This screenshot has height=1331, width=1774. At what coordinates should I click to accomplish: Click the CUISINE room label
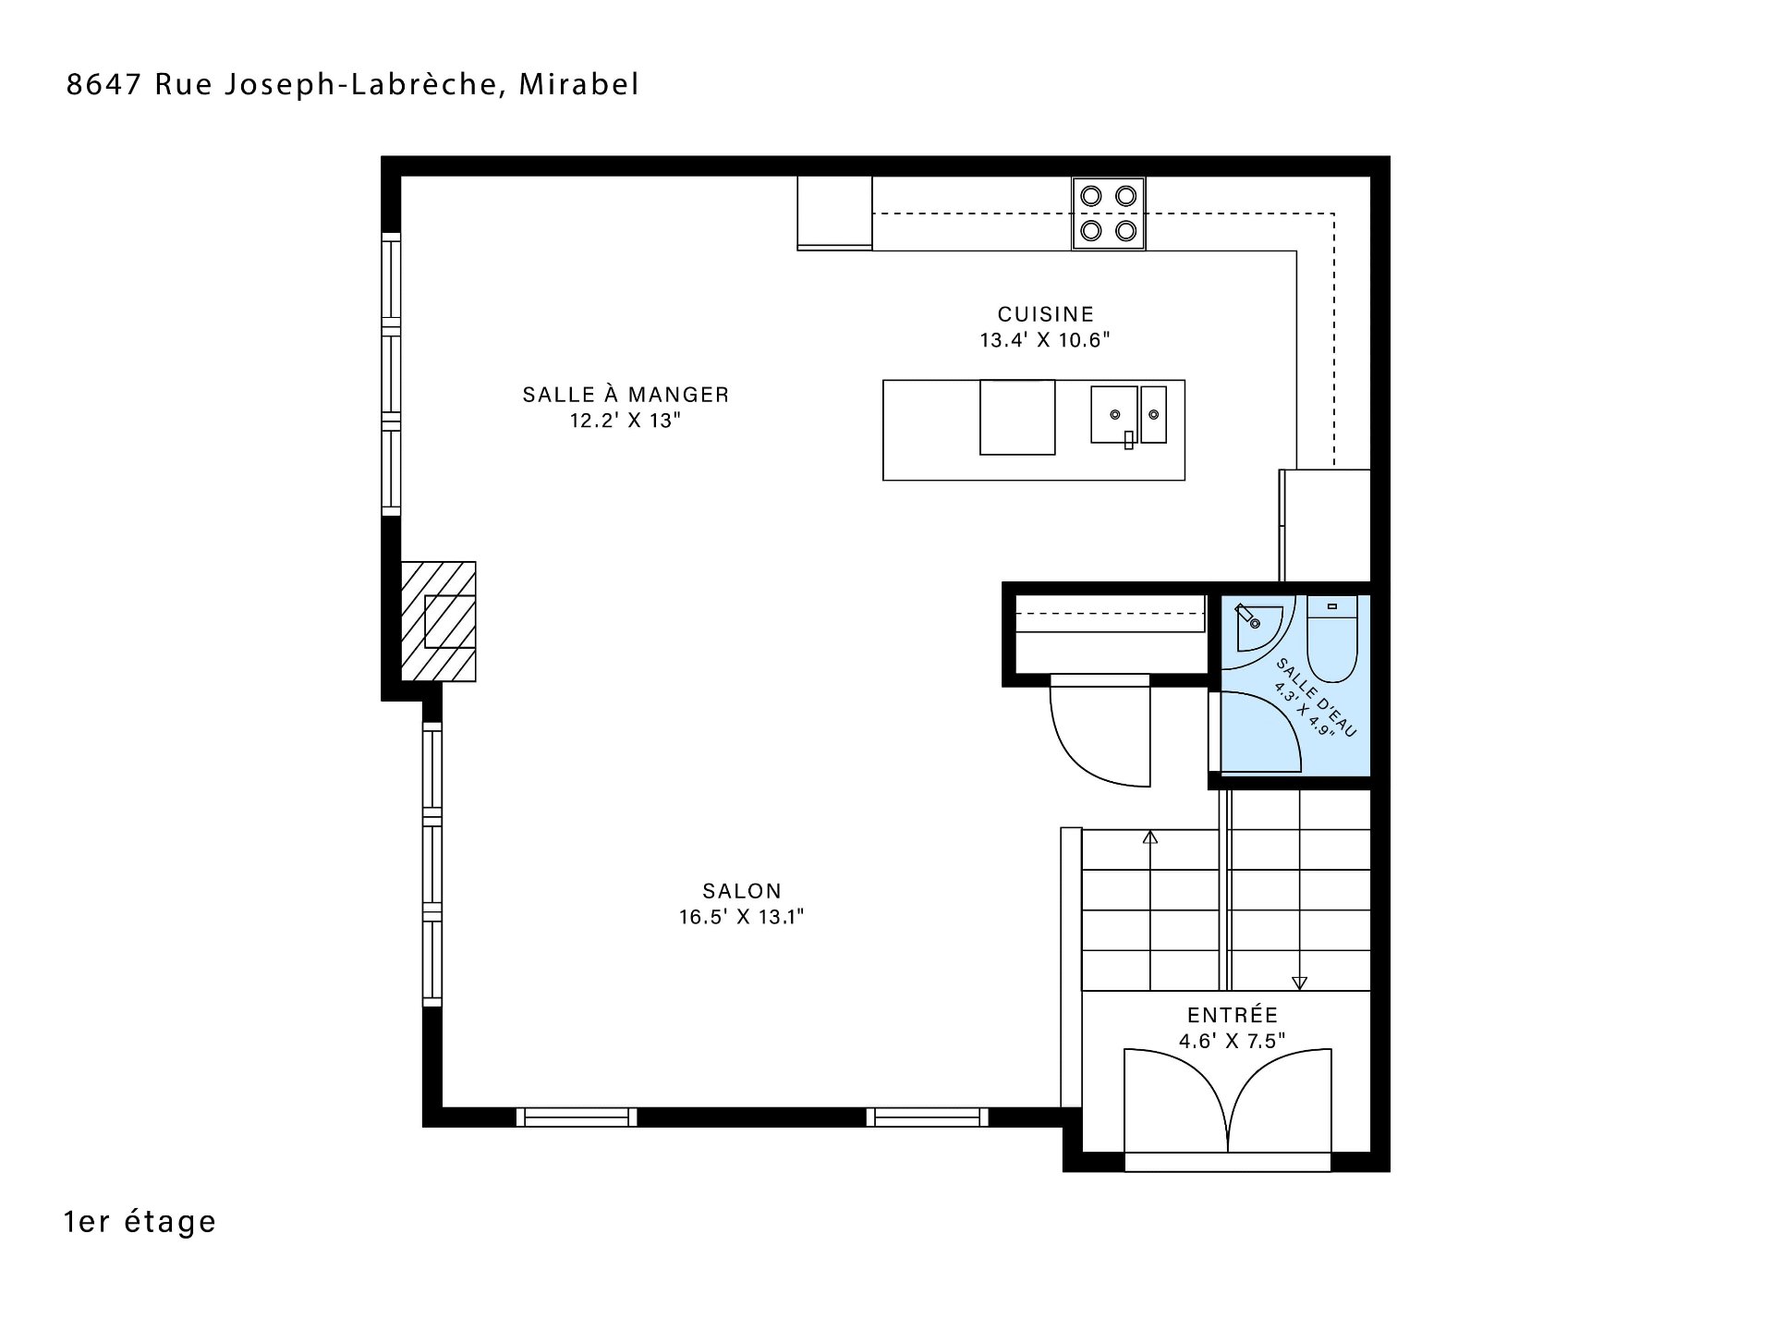tap(1045, 314)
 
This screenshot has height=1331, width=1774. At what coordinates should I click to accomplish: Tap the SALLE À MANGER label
tap(626, 395)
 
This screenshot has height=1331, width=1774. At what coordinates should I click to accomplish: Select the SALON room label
tap(742, 891)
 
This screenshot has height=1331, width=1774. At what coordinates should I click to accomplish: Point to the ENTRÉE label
tap(1233, 1015)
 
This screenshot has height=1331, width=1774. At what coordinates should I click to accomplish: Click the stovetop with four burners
tap(1109, 214)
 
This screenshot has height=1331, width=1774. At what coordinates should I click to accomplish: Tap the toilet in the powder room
tap(1332, 639)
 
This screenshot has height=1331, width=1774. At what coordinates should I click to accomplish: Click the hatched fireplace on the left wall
tap(438, 621)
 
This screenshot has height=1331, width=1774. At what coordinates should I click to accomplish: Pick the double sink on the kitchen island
tap(1128, 415)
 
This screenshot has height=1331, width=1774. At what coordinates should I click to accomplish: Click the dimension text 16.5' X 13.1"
tap(742, 917)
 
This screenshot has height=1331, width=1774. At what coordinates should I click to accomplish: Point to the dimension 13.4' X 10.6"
tap(1045, 340)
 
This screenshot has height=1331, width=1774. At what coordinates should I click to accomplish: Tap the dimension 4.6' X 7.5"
tap(1233, 1041)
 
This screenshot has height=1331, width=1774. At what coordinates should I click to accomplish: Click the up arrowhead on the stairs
tap(1150, 837)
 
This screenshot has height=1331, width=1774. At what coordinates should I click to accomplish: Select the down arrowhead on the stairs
tap(1300, 983)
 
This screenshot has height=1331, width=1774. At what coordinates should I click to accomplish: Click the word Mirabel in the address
tap(579, 84)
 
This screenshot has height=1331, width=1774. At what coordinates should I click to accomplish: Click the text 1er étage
tap(140, 1222)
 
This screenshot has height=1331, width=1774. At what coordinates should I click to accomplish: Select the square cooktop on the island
tap(1017, 417)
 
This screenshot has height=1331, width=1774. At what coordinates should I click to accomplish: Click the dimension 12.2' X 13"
tap(626, 421)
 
